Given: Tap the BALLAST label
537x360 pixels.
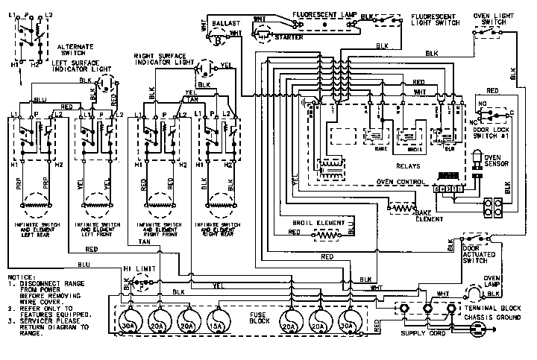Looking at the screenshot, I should tap(226, 24).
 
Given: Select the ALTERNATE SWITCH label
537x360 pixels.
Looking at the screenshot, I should tap(73, 50).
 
